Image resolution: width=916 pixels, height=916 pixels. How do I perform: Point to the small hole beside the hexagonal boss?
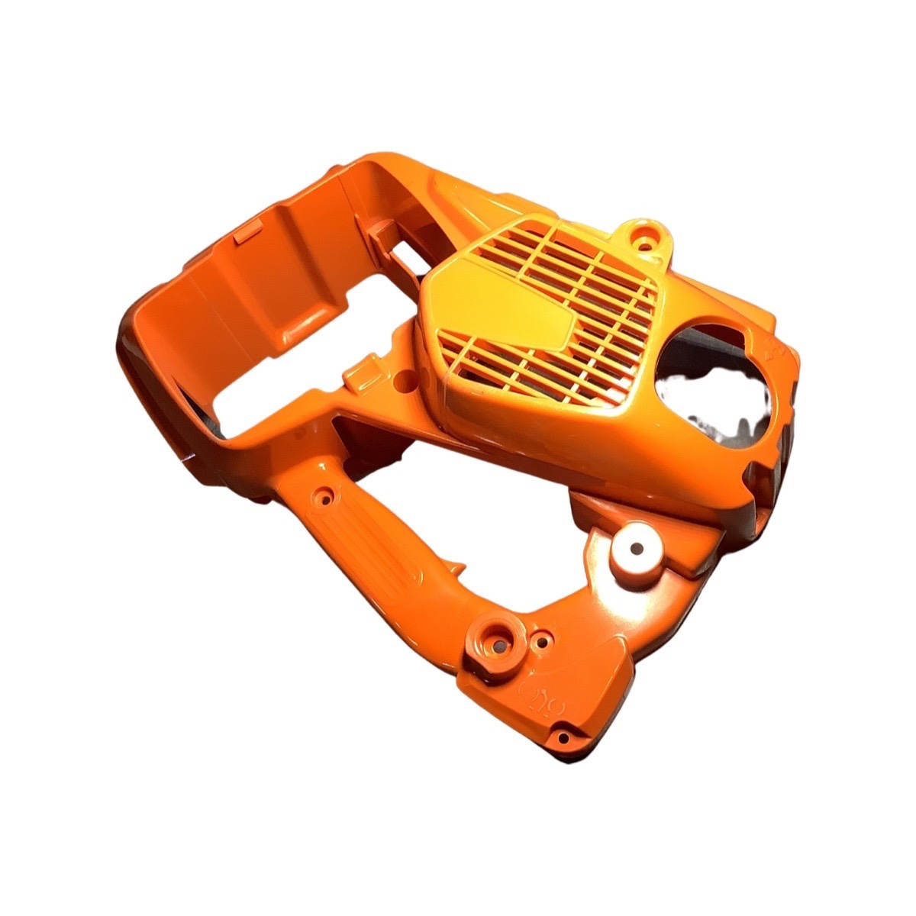tap(543, 642)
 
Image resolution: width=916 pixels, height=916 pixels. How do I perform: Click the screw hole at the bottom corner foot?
tap(563, 737)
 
